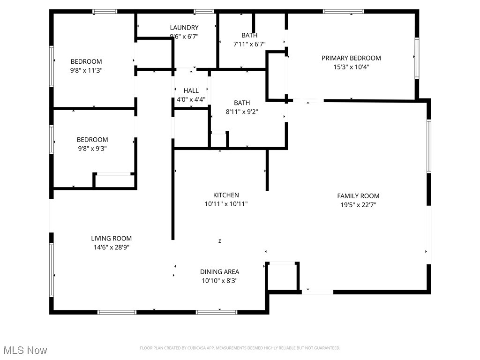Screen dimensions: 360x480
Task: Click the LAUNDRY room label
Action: [x=184, y=28]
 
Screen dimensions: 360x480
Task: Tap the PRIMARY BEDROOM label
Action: [x=351, y=58]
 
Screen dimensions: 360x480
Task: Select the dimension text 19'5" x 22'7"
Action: [x=358, y=204]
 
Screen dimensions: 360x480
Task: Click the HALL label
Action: [x=191, y=90]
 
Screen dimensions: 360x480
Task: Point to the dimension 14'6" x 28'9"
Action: [x=111, y=247]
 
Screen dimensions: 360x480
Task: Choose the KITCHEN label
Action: [x=226, y=195]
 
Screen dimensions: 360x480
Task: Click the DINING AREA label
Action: [x=219, y=272]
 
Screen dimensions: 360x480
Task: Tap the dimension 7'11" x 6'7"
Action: [x=249, y=44]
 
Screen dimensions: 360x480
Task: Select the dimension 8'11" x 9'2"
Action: [x=242, y=112]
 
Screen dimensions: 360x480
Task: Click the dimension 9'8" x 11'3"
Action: [x=86, y=70]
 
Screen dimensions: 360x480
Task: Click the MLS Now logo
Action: [x=25, y=350]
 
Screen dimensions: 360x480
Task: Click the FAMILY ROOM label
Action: [x=358, y=196]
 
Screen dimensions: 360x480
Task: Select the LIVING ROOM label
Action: [x=111, y=239]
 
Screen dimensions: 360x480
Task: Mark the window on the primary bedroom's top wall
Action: [x=343, y=11]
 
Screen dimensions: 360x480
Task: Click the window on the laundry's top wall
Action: [x=203, y=11]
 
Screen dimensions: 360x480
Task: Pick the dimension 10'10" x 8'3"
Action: [x=219, y=280]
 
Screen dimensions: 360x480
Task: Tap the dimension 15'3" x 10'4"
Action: [x=351, y=67]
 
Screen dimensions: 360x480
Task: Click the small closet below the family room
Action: [x=282, y=277]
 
